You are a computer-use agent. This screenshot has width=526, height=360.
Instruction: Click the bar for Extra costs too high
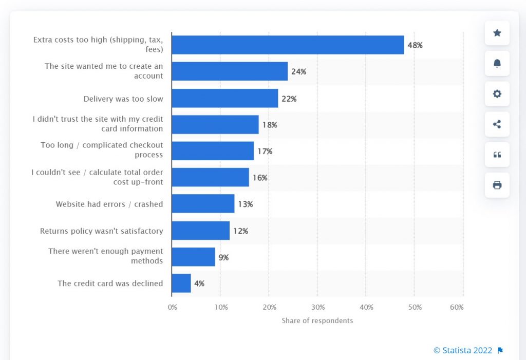tap(288, 45)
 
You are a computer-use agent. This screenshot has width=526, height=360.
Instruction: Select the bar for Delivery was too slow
tap(224, 98)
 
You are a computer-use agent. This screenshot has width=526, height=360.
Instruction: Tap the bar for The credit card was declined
tap(181, 283)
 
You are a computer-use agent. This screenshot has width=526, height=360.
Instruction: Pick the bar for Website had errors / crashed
tap(203, 204)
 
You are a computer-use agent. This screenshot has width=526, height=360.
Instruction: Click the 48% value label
tap(415, 45)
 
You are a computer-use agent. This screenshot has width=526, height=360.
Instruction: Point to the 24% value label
tap(298, 72)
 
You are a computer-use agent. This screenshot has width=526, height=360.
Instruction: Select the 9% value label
tap(223, 257)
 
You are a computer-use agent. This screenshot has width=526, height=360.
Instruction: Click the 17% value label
tap(265, 151)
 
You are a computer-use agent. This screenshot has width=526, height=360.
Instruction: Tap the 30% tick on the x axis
tap(318, 307)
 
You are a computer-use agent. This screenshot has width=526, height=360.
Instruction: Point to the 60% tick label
tap(457, 307)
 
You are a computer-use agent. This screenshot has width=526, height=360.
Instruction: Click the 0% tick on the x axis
tap(173, 307)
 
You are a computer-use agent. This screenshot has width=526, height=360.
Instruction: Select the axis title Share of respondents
tap(317, 320)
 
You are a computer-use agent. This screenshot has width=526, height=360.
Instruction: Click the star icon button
tap(497, 33)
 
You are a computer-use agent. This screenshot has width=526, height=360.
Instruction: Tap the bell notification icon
tap(497, 64)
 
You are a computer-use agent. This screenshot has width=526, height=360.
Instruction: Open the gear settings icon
tap(497, 94)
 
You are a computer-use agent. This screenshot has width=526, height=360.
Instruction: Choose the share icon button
tap(497, 124)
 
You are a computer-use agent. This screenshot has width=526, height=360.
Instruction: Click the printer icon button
tap(497, 185)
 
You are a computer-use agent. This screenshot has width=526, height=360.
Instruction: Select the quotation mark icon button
tap(497, 155)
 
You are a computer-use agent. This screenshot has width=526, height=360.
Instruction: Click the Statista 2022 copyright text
tap(463, 350)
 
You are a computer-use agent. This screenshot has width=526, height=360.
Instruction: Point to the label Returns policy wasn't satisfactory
tap(102, 231)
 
